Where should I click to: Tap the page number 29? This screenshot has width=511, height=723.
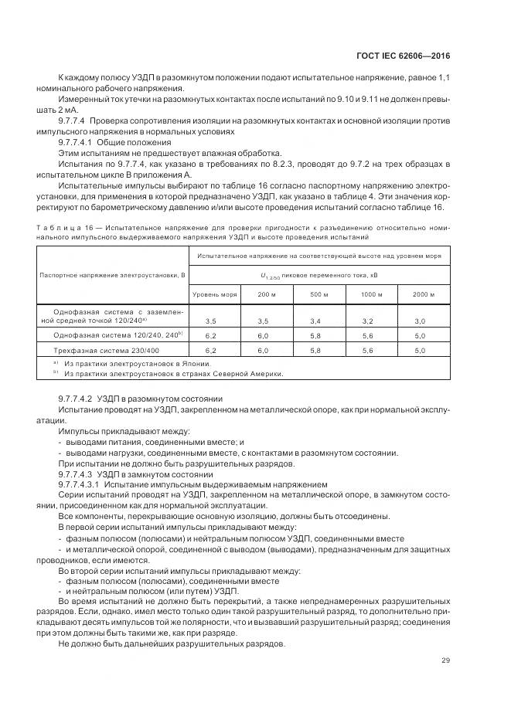[x=445, y=660]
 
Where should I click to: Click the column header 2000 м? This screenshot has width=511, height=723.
[x=420, y=294]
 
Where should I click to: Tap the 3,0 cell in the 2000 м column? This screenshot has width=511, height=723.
[x=420, y=320]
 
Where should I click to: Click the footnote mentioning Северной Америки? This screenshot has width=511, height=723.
[x=174, y=373]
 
